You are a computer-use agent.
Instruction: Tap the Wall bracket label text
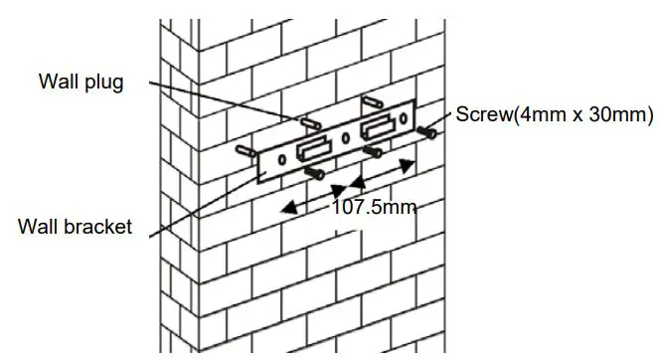tap(75, 227)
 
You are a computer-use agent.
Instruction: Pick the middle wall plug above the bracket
tap(308, 122)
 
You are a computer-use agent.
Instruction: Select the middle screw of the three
tap(373, 152)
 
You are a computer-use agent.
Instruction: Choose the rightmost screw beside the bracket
tap(429, 130)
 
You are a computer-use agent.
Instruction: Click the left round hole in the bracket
tap(282, 159)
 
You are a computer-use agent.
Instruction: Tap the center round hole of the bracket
tap(343, 136)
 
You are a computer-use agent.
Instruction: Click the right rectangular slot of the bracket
tap(377, 128)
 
